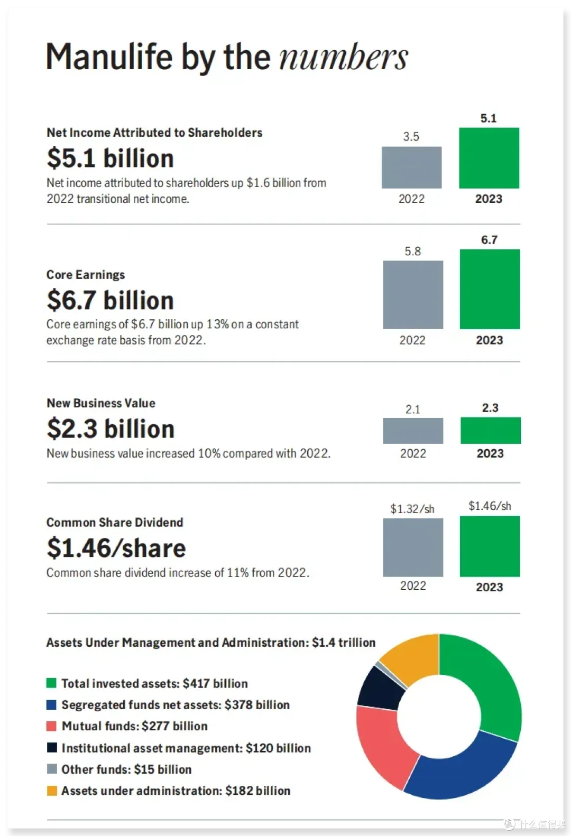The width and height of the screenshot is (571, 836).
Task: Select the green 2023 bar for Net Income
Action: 489,158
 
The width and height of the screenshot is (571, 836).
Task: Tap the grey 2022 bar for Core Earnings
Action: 413,294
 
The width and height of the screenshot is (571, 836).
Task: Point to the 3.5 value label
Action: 411,136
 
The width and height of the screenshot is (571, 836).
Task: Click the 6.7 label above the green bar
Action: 489,240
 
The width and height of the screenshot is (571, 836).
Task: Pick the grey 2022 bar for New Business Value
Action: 413,431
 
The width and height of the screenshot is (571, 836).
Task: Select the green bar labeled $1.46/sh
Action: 490,546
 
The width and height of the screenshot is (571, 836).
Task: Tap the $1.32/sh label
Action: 412,509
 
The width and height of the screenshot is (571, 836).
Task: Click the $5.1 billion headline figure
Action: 110,158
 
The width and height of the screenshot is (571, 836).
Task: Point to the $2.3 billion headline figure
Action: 110,429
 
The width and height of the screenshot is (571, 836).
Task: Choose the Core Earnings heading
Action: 86,275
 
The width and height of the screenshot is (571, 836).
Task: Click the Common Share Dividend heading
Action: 115,523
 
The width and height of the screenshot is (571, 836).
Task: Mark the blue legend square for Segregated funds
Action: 51,705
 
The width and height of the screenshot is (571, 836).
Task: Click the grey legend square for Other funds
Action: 51,769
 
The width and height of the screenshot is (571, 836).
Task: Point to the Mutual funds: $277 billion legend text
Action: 134,726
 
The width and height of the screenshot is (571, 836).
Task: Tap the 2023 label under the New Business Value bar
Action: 490,453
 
